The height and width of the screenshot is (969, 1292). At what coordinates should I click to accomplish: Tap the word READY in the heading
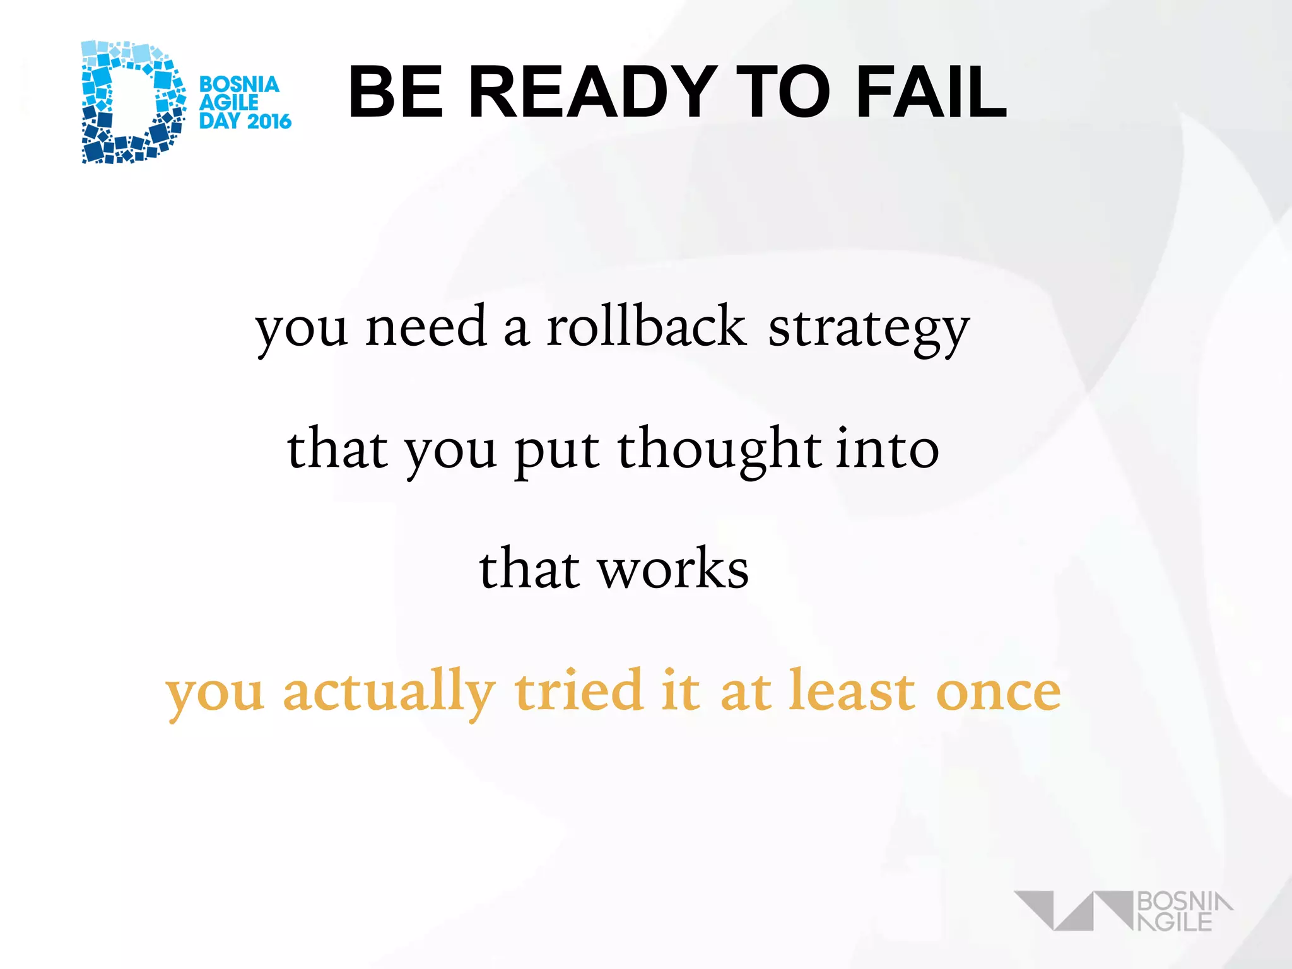(592, 92)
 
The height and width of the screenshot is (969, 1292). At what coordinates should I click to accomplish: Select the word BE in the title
(396, 92)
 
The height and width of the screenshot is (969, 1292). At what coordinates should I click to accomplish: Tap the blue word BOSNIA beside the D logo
(239, 85)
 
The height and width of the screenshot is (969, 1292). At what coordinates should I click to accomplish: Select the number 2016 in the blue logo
(268, 120)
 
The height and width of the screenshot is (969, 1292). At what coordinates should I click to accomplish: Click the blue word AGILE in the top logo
(228, 103)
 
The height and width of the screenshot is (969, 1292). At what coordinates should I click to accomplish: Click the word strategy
(868, 330)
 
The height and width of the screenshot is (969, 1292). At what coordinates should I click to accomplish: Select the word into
(888, 449)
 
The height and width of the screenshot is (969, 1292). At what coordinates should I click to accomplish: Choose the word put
(556, 452)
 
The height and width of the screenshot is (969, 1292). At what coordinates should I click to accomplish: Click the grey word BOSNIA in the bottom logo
(1183, 901)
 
